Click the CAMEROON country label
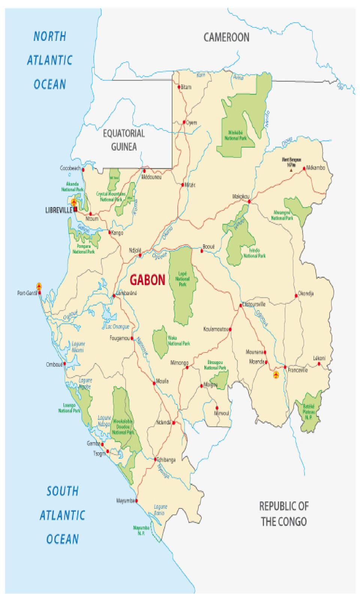point(226,37)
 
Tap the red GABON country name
point(147,280)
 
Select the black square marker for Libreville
point(75,209)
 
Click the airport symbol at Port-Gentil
point(39,287)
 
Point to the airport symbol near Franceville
point(276,375)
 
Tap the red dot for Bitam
point(179,87)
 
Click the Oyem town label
point(192,123)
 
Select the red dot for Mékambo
point(304,168)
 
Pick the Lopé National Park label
point(183,279)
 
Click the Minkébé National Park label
point(235,135)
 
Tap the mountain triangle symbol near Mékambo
point(291,170)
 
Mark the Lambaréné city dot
point(114,296)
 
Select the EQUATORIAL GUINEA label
point(124,140)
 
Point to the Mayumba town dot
point(136,501)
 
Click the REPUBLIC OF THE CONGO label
point(284,514)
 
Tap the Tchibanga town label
point(166,460)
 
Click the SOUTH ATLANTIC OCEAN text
point(63,515)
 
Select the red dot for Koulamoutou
point(230,329)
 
